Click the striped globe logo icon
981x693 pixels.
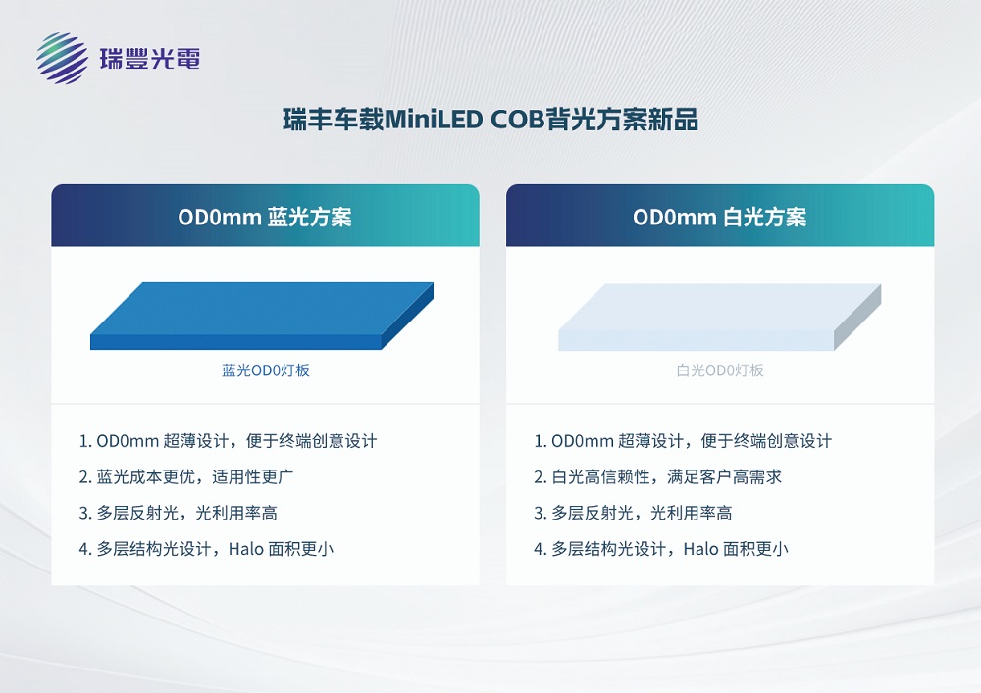(x=63, y=59)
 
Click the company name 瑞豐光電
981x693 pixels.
(x=150, y=59)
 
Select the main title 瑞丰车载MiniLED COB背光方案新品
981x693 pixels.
(x=490, y=121)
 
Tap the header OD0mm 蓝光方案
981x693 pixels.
(x=265, y=217)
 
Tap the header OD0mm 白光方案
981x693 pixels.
(x=720, y=217)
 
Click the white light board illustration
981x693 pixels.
(x=719, y=316)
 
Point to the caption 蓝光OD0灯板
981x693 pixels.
(x=266, y=371)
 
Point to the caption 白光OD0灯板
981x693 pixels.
(x=720, y=371)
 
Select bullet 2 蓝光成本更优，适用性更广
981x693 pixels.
(x=187, y=477)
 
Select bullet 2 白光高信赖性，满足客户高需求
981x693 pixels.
(x=657, y=477)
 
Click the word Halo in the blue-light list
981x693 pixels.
(x=245, y=549)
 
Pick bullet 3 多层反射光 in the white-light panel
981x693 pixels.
(x=633, y=513)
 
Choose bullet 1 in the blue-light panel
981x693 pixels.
(x=228, y=441)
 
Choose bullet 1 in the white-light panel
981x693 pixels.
(x=683, y=441)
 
